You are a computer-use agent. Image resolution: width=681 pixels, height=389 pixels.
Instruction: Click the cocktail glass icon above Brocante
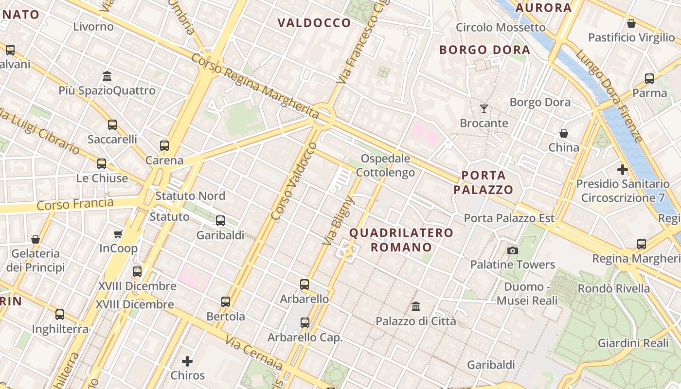click(x=484, y=108)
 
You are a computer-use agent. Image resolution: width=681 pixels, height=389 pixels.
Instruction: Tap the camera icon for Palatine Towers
click(x=512, y=250)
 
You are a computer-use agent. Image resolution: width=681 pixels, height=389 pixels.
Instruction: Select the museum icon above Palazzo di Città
click(x=415, y=306)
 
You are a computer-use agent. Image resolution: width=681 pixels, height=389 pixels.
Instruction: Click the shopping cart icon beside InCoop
click(x=118, y=234)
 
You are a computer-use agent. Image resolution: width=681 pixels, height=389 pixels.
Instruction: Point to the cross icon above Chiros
click(x=187, y=361)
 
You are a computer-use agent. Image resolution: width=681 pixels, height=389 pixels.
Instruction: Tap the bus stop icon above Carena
click(x=164, y=145)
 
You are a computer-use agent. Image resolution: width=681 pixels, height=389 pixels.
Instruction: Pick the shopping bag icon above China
click(x=563, y=133)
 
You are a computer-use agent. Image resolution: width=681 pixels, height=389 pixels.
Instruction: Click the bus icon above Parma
click(x=649, y=78)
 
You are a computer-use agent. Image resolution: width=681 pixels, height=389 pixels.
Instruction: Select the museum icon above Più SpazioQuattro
click(x=107, y=76)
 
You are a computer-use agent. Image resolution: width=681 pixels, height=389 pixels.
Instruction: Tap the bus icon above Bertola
click(x=225, y=301)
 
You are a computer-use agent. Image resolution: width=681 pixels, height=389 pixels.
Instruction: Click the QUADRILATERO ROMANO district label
click(x=401, y=240)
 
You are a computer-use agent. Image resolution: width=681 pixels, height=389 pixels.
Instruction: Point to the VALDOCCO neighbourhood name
click(x=314, y=23)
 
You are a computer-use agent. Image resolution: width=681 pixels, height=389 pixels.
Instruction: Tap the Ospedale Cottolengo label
click(x=386, y=165)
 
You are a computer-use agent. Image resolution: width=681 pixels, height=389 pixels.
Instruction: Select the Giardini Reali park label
click(x=633, y=343)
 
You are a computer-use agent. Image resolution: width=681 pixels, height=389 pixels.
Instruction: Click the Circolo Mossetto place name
click(x=501, y=27)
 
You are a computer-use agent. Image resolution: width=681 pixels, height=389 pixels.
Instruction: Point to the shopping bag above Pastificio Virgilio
click(x=631, y=23)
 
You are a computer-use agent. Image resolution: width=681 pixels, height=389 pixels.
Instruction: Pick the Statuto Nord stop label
click(x=190, y=196)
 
